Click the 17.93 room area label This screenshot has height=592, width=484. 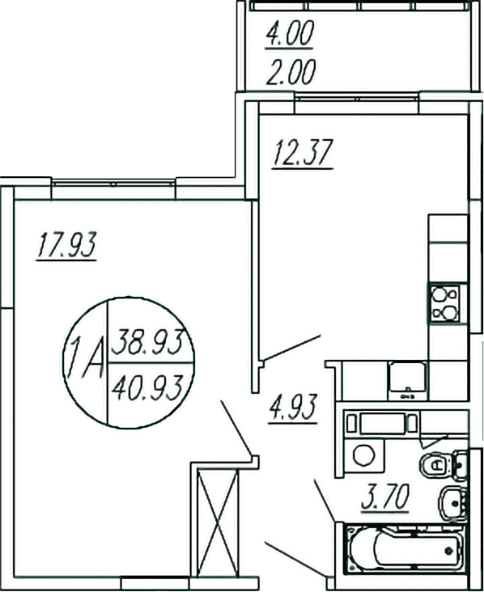[x=66, y=245]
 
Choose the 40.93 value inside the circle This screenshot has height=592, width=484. [x=151, y=378]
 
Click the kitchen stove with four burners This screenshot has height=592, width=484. [x=444, y=303]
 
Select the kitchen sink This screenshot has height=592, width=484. [x=407, y=378]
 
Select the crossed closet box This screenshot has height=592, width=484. [x=217, y=521]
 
